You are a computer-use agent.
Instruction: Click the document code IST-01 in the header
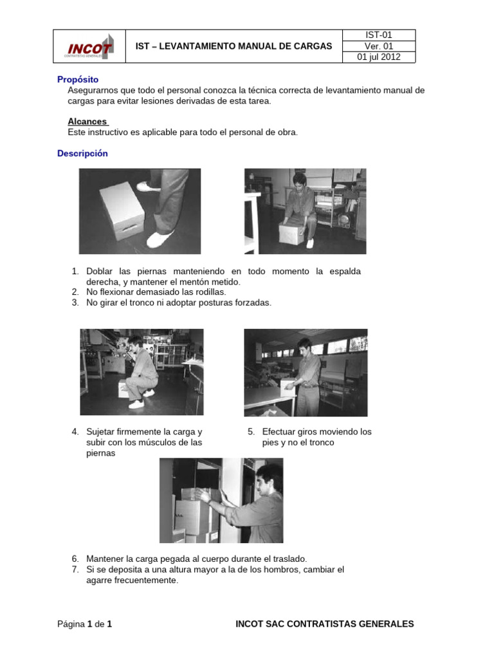tap(378, 35)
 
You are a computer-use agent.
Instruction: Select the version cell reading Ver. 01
tap(378, 46)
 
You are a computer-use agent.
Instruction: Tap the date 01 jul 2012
tap(378, 57)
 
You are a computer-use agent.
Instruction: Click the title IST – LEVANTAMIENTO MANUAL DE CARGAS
tap(234, 46)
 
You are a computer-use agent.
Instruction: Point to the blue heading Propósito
tap(78, 79)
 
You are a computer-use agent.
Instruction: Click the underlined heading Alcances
tap(87, 121)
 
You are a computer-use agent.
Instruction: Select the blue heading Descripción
tap(82, 154)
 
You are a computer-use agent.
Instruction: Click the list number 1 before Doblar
tap(75, 272)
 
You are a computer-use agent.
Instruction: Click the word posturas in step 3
tap(221, 302)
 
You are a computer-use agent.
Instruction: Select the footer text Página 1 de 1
tap(85, 624)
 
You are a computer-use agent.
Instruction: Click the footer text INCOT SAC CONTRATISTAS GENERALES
tap(325, 624)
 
